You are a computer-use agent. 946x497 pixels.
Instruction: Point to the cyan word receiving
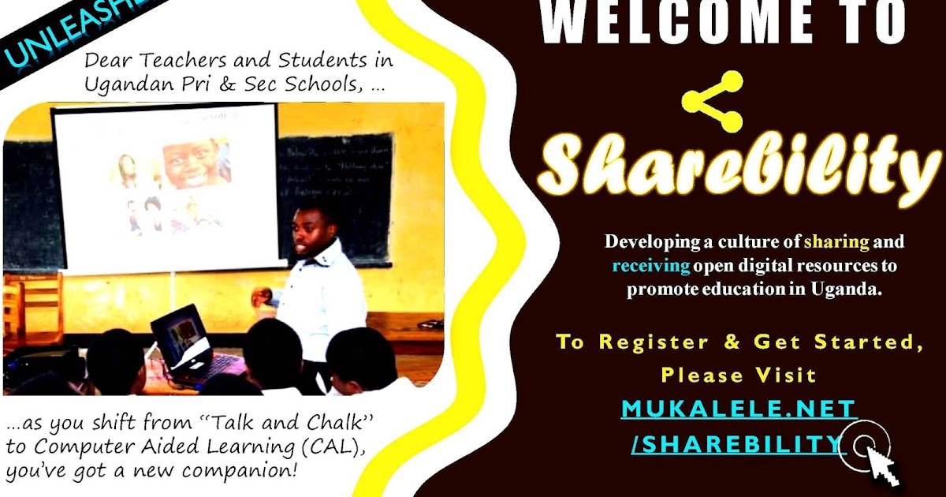coord(651,265)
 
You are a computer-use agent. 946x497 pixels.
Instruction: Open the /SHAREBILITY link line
coord(738,444)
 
